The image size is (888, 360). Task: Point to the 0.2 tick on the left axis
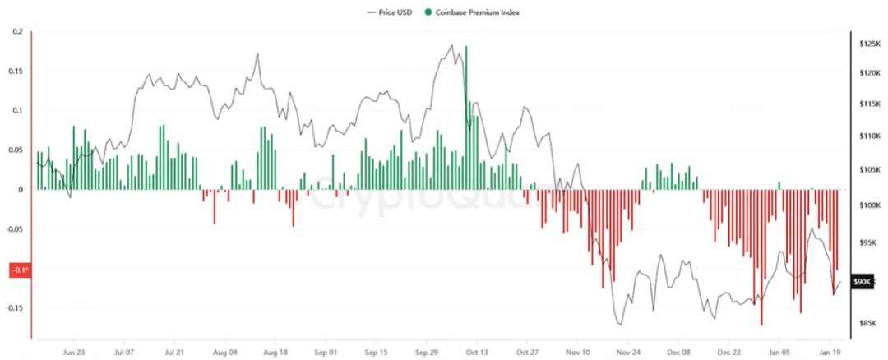16,32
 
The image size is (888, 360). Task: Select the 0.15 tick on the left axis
15,72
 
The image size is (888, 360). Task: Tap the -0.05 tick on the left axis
14,229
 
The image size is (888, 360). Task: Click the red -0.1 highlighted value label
18,270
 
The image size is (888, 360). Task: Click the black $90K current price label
862,282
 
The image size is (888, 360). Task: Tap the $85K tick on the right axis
868,324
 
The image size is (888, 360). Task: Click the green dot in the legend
428,12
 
